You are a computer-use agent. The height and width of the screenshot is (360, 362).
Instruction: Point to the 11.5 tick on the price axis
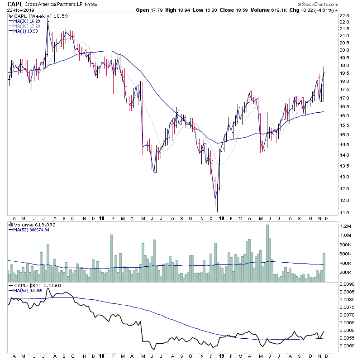tap(345, 212)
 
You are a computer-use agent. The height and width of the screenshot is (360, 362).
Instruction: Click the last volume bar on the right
tap(324, 268)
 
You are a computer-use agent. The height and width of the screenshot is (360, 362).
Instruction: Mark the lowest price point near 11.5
tap(218, 211)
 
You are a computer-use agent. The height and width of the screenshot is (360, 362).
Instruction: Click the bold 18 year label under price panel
tap(103, 218)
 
